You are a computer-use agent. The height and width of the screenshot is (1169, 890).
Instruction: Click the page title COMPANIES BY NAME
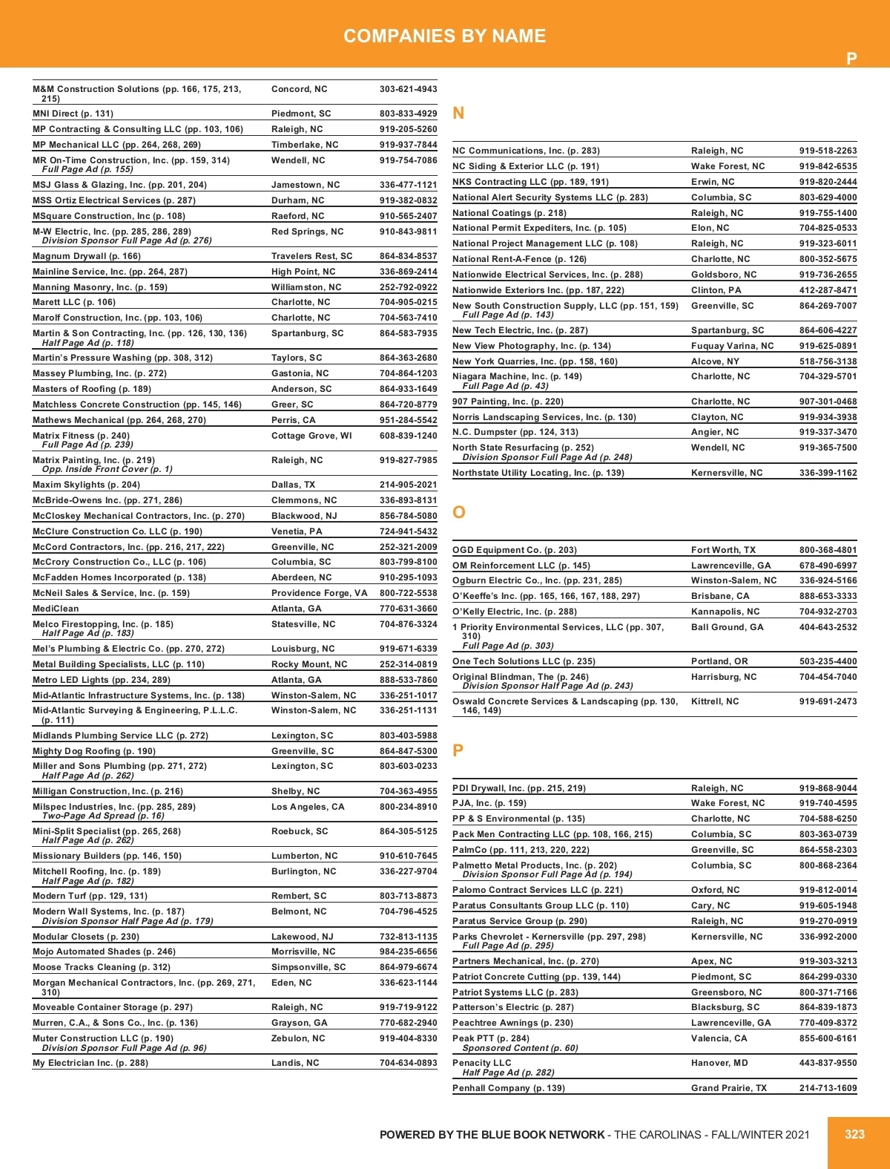[444, 36]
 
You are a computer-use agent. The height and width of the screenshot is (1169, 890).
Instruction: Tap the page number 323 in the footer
[854, 1134]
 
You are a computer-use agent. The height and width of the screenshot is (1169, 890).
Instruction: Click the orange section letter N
[458, 113]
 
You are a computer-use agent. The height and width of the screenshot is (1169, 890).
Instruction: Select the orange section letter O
[459, 512]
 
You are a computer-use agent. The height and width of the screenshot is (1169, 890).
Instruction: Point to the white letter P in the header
[851, 59]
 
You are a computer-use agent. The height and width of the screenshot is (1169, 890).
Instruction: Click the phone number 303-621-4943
[408, 89]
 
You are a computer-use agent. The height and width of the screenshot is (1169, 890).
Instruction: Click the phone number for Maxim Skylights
[408, 485]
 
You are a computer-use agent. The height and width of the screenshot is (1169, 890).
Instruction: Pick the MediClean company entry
[56, 609]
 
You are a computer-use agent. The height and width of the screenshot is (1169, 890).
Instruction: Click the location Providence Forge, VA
[319, 593]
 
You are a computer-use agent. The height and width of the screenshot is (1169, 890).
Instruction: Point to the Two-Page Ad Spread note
[103, 816]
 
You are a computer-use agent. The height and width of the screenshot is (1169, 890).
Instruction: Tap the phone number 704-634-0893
[408, 1063]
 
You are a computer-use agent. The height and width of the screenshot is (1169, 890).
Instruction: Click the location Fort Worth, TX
[723, 550]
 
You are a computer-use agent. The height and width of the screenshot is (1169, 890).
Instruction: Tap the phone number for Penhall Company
[828, 1088]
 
